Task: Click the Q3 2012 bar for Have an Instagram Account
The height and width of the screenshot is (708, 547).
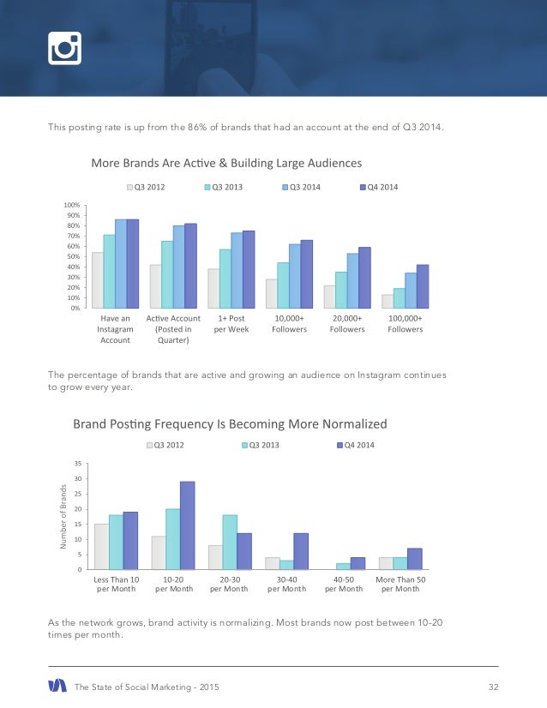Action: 98,280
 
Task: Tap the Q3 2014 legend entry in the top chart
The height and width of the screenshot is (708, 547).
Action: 301,187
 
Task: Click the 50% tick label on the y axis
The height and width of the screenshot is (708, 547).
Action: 74,256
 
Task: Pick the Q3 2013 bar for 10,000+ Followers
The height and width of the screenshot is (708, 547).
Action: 283,285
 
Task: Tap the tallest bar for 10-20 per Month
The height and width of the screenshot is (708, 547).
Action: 187,525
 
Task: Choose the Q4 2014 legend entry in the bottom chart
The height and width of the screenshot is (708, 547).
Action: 356,445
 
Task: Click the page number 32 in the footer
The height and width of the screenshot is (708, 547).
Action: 493,686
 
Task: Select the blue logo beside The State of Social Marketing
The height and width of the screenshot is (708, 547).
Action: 57,686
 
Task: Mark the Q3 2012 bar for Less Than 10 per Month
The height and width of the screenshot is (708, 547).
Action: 101,547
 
